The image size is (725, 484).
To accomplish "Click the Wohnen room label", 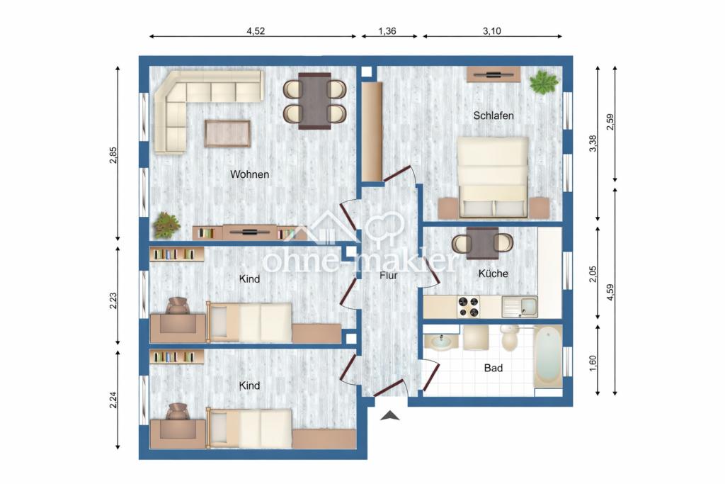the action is [x=249, y=174].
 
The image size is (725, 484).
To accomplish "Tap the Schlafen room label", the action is [x=493, y=116].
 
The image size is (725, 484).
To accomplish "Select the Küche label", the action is [x=493, y=274].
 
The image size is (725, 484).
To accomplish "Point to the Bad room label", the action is [x=493, y=368].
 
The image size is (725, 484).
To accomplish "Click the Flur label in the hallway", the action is [x=389, y=276].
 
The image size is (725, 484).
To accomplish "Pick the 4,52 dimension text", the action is [x=256, y=31].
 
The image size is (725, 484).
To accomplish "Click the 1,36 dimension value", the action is [x=387, y=31].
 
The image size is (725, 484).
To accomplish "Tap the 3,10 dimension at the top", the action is [x=492, y=31].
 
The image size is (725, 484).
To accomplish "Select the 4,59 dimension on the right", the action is [x=610, y=293].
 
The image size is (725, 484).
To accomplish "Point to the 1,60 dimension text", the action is [x=593, y=363].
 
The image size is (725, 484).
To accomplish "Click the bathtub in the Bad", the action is [x=549, y=356].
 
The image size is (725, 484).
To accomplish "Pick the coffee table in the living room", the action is [x=227, y=133].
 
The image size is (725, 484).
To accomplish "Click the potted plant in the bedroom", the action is [x=544, y=82].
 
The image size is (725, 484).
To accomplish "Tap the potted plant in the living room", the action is [x=166, y=225].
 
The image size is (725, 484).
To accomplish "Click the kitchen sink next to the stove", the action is [x=520, y=307].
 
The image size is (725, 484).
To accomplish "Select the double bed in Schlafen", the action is [x=493, y=176].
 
